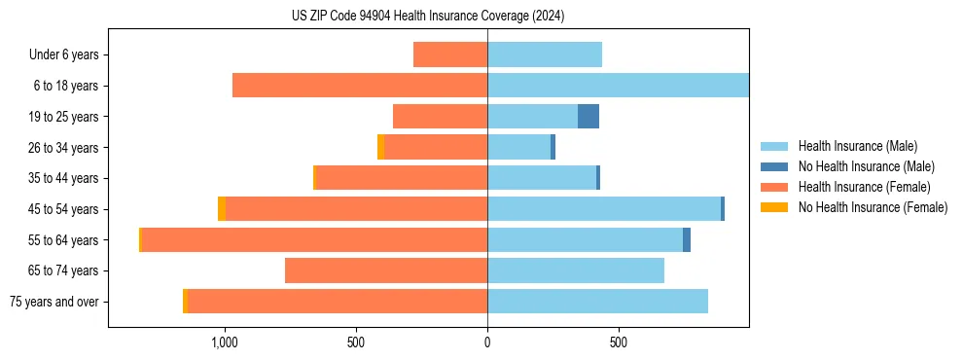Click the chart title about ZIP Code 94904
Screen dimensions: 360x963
pos(428,17)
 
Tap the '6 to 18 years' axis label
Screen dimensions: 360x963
pos(66,86)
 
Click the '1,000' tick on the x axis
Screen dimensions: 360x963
pos(225,342)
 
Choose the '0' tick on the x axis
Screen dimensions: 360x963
pos(487,342)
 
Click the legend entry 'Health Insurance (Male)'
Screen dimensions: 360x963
pos(857,146)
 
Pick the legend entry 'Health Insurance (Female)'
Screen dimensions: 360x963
pos(864,187)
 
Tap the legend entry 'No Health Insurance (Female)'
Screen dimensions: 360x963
pos(873,207)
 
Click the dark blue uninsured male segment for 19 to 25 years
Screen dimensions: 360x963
pos(588,117)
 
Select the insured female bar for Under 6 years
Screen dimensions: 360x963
pos(450,54)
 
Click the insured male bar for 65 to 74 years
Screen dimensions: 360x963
pos(576,270)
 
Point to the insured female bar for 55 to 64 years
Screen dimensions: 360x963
pos(314,239)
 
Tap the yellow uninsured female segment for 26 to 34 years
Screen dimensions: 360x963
pos(380,147)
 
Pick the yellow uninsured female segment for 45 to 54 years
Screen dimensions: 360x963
pos(222,209)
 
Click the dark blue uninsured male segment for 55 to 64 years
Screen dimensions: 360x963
pos(687,239)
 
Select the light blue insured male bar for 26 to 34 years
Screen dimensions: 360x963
pos(518,147)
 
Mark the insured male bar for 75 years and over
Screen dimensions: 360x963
pos(597,302)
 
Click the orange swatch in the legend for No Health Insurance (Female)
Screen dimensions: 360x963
pos(774,207)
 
